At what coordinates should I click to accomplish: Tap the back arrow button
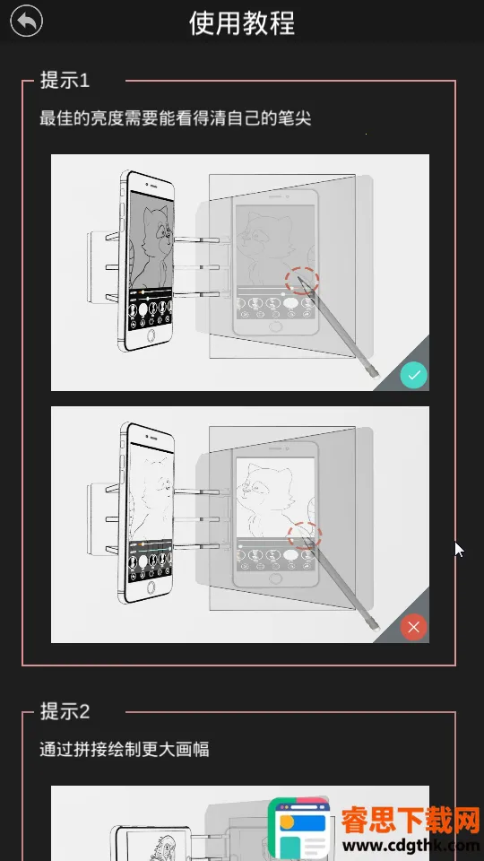(x=26, y=22)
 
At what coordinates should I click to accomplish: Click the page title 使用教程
(x=242, y=22)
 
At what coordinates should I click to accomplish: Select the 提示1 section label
(x=65, y=80)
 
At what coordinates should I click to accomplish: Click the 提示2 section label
(x=65, y=711)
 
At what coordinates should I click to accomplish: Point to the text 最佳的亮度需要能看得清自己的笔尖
(x=175, y=117)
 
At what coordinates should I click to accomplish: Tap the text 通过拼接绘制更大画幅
(x=124, y=749)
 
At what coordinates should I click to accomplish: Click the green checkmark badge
(x=414, y=375)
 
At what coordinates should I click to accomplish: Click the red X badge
(x=414, y=627)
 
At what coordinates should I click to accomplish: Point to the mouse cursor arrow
(x=459, y=549)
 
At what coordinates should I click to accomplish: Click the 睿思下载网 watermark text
(x=411, y=821)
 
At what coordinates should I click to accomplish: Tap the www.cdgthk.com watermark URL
(x=411, y=846)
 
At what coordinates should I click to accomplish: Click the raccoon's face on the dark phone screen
(x=156, y=226)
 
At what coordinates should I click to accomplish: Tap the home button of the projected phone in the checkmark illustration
(x=275, y=326)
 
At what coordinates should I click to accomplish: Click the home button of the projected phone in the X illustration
(x=275, y=578)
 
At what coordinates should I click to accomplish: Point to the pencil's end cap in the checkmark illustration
(x=375, y=376)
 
